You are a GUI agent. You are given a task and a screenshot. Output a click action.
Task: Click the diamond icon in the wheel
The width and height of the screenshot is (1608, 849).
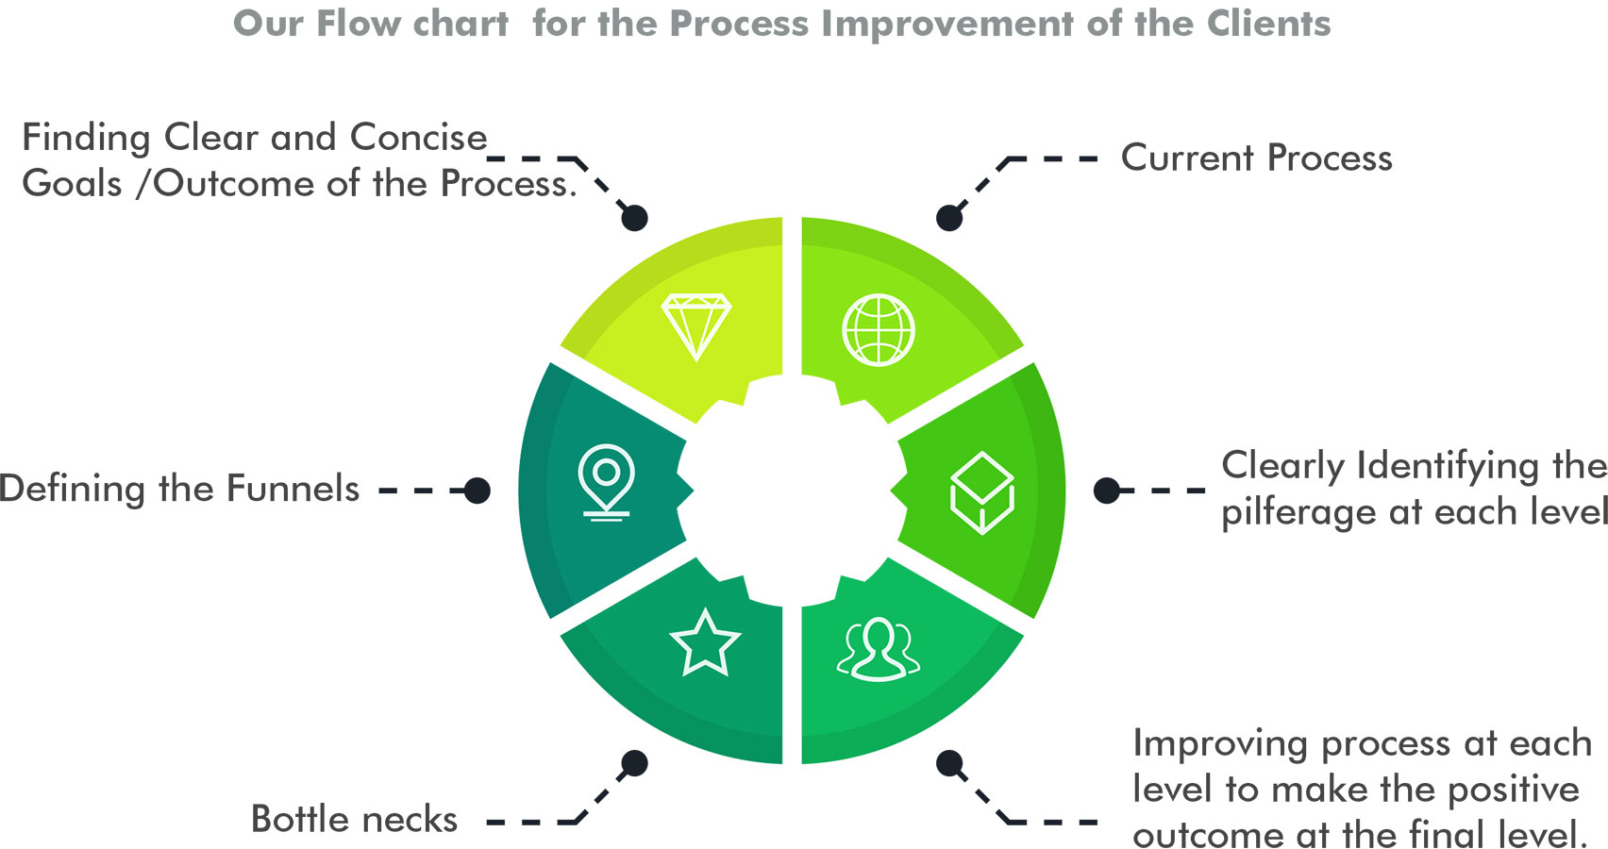696,326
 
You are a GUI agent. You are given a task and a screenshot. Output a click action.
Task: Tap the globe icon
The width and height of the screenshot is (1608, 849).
879,330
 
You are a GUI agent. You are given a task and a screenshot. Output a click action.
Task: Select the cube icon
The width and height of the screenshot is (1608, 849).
981,492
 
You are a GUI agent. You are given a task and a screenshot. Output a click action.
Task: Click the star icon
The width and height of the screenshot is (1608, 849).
705,643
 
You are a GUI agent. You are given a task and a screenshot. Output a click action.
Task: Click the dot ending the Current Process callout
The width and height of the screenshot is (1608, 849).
949,218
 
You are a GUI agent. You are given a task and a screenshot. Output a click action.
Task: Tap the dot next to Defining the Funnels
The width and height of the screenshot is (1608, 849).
477,491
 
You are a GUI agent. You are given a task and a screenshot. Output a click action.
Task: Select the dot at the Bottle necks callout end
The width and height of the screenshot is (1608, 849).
635,763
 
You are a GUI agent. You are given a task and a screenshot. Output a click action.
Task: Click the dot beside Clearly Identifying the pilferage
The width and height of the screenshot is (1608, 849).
1107,491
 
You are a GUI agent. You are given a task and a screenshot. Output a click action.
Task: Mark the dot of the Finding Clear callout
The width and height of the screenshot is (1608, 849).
635,218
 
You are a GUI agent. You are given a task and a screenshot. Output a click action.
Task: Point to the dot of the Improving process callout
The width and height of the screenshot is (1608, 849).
949,763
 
